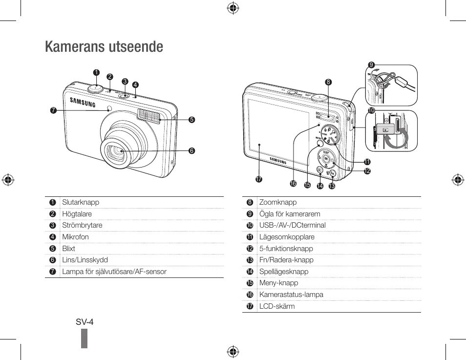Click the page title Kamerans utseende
pos(104,47)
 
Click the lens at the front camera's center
pos(116,152)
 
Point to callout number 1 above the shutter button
pos(96,72)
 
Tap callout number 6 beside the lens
pos(191,151)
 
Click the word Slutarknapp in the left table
pos(81,202)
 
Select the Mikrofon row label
pos(75,237)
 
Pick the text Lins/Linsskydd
pos(85,260)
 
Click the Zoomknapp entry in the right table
pos(278,202)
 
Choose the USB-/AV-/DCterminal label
pos(292,225)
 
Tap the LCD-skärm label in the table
pos(277,306)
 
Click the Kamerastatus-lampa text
pos(291,295)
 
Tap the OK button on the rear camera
pos(325,159)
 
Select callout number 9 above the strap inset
pos(371,65)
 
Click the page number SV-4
pos(85,322)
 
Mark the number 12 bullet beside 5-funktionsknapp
pos(250,249)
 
